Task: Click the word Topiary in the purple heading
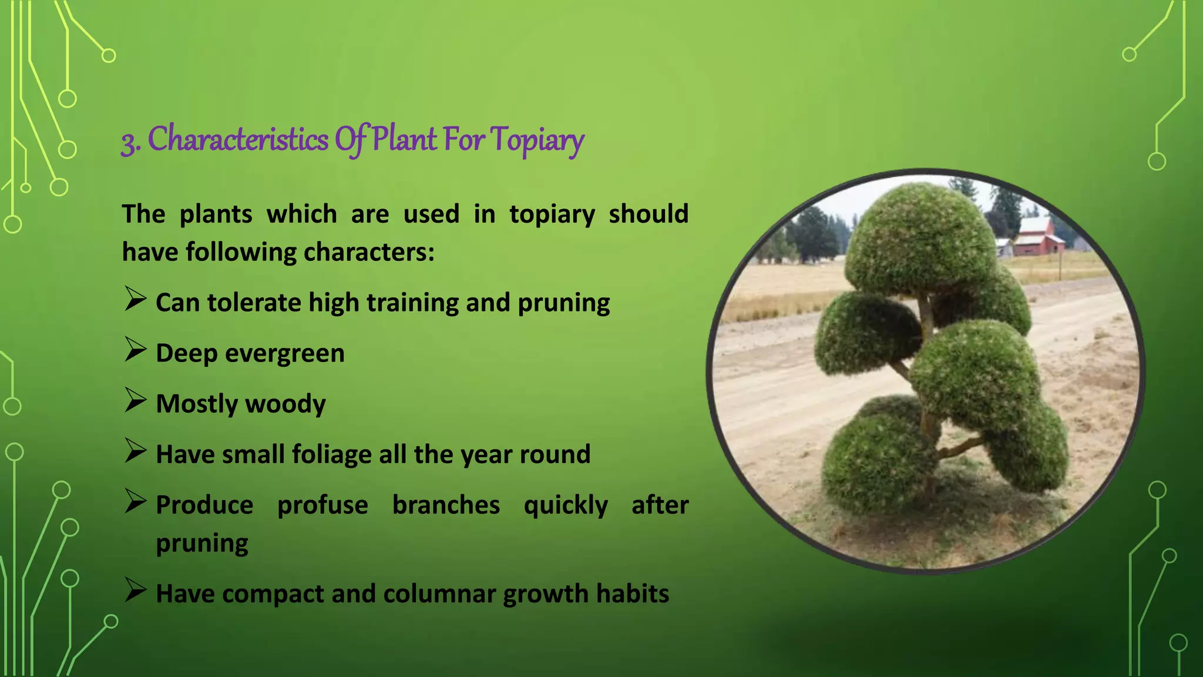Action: [537, 140]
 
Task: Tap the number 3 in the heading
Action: [128, 141]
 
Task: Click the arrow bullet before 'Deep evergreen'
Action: [136, 350]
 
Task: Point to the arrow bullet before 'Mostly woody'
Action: [136, 401]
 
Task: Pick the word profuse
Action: [322, 505]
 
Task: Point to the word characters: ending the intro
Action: [369, 253]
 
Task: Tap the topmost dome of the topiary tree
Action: [919, 235]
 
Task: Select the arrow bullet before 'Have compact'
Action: [136, 591]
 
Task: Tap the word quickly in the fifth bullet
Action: [566, 505]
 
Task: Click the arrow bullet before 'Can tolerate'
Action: [136, 300]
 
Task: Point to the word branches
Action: [446, 505]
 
